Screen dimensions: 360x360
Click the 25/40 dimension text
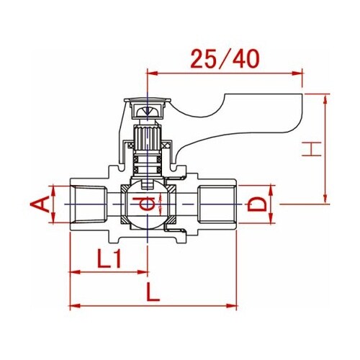tap(225, 59)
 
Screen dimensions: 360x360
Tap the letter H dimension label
tap(311, 149)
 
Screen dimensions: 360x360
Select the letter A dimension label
tap(40, 204)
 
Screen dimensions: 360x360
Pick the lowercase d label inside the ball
tap(147, 204)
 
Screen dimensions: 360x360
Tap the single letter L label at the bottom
tap(153, 292)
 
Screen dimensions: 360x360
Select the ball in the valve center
tap(147, 204)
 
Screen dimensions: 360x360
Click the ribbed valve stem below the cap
tap(147, 138)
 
